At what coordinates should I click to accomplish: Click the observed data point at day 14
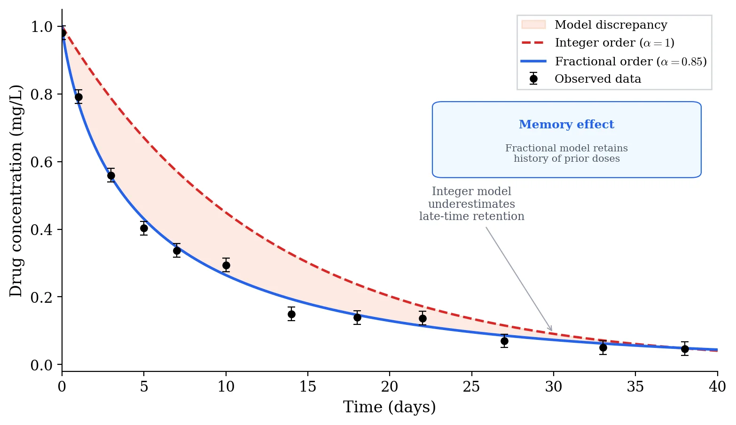coord(291,314)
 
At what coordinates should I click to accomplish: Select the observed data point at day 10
coord(226,265)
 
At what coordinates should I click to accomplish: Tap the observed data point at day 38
coord(685,349)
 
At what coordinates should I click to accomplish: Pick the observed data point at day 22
coord(423,318)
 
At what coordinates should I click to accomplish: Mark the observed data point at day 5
coord(144,228)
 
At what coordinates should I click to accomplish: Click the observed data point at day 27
coord(504,341)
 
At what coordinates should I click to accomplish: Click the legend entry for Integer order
coord(614,43)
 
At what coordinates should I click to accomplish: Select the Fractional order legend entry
coord(630,61)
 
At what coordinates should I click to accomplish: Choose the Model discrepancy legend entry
coord(610,25)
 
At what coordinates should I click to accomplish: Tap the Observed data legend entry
coord(597,79)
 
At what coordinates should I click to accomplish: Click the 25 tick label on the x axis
coord(471,386)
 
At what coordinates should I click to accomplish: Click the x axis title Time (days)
coord(389,407)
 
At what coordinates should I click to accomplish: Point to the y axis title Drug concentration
coord(16,190)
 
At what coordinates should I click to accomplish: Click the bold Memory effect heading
coord(566,125)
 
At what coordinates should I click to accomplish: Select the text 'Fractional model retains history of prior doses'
coord(566,153)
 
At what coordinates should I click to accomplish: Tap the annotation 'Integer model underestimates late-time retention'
coord(471,204)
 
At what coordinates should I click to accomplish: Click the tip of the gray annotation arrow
coord(552,331)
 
